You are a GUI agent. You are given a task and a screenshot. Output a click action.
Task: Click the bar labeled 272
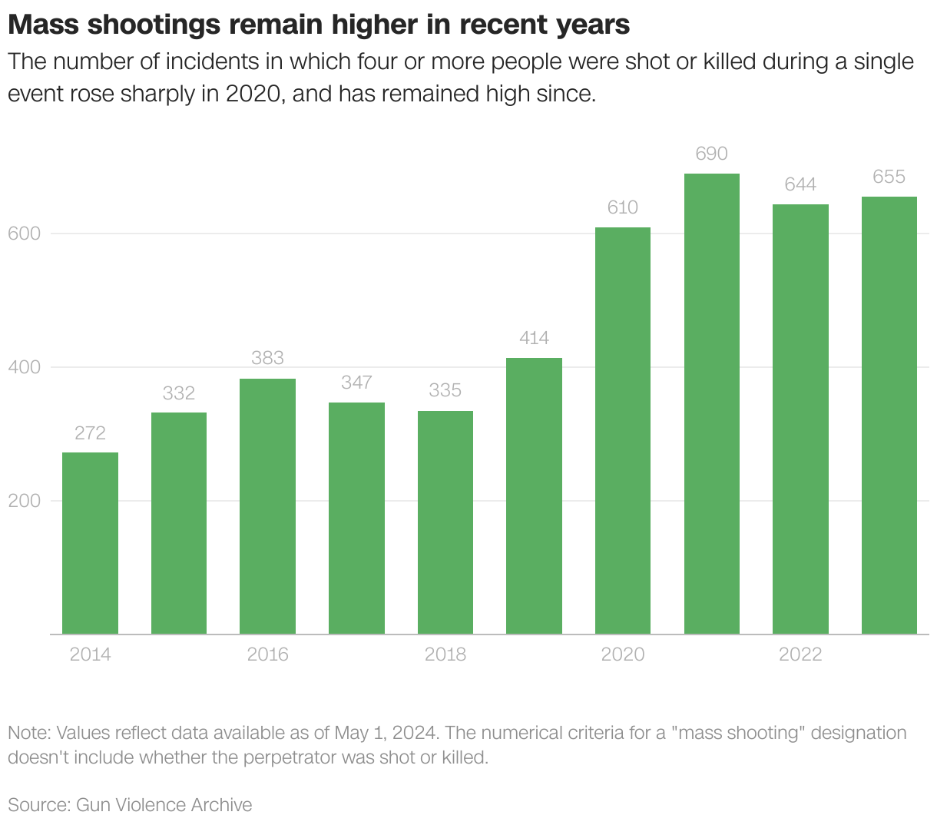pyautogui.click(x=90, y=543)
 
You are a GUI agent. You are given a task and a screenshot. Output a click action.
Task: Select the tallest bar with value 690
pyautogui.click(x=711, y=403)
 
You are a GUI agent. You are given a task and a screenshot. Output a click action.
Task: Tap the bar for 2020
pyautogui.click(x=622, y=430)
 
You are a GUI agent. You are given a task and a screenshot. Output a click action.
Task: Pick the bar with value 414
pyautogui.click(x=534, y=495)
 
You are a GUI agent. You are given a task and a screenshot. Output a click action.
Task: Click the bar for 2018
pyautogui.click(x=445, y=522)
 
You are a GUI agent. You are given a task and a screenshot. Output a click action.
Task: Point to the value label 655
pyautogui.click(x=889, y=177)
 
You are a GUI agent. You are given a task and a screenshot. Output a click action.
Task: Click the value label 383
pyautogui.click(x=267, y=358)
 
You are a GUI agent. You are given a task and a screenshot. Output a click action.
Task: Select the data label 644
pyautogui.click(x=800, y=184)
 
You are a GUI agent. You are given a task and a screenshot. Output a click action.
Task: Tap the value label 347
pyautogui.click(x=356, y=382)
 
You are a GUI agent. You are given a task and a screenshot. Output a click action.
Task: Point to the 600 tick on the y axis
pyautogui.click(x=24, y=234)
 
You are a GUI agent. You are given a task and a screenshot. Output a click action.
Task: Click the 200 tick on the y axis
pyautogui.click(x=24, y=501)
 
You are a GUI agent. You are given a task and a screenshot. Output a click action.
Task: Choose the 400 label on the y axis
pyautogui.click(x=24, y=367)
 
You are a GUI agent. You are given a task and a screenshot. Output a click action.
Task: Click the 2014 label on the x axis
pyautogui.click(x=90, y=654)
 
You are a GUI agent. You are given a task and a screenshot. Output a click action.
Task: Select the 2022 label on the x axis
pyautogui.click(x=800, y=654)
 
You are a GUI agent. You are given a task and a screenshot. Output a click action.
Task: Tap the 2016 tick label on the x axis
pyautogui.click(x=267, y=654)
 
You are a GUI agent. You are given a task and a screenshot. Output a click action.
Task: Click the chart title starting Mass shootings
pyautogui.click(x=319, y=25)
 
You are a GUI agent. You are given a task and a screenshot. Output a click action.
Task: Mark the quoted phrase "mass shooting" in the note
pyautogui.click(x=738, y=733)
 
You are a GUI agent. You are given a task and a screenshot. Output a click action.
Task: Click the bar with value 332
pyautogui.click(x=179, y=523)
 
